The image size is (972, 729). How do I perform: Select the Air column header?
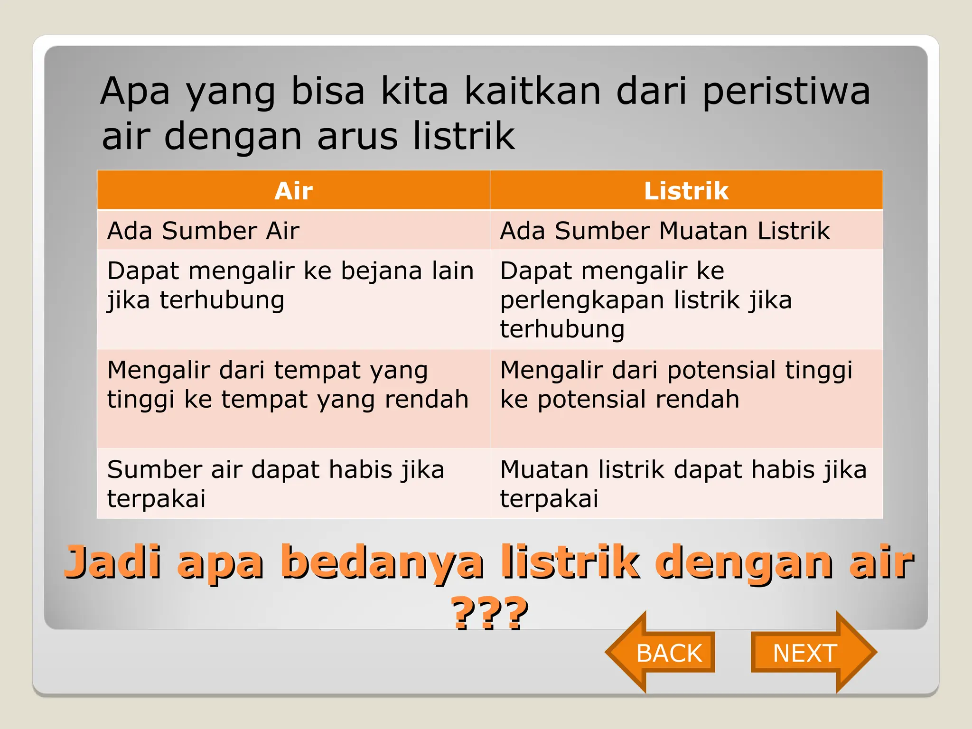click(293, 191)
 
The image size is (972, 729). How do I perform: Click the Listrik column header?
click(686, 191)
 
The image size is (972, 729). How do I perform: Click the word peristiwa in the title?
click(786, 91)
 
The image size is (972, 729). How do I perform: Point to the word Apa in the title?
click(135, 91)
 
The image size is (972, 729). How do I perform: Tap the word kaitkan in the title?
click(533, 91)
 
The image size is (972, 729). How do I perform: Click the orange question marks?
click(490, 613)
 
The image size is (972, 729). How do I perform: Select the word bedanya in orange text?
click(382, 562)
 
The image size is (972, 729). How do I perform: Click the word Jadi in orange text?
click(113, 562)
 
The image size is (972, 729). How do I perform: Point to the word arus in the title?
click(357, 136)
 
